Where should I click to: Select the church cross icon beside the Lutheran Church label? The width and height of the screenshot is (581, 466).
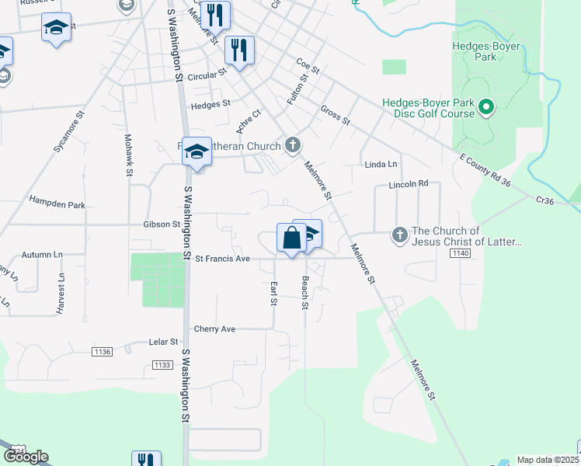click(x=293, y=144)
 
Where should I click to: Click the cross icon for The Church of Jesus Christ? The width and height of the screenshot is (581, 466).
click(x=399, y=234)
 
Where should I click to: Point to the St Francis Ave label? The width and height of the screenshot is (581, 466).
click(x=222, y=259)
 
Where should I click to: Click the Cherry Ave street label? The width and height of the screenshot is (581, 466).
click(x=214, y=329)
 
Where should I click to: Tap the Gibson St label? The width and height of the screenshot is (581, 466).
click(x=162, y=224)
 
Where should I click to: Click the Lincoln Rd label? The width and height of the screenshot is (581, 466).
click(x=409, y=185)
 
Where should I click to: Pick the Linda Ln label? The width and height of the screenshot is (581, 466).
click(x=381, y=165)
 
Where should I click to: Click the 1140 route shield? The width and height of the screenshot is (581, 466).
click(x=460, y=254)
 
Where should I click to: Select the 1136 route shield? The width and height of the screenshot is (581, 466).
click(x=102, y=352)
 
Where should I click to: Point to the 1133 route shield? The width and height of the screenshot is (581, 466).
click(x=162, y=365)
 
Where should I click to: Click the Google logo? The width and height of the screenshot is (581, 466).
click(x=26, y=457)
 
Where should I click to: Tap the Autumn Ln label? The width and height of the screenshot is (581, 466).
click(x=42, y=254)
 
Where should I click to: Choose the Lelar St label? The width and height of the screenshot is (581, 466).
click(x=163, y=342)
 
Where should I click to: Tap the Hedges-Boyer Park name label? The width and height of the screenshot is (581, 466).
click(x=485, y=51)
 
